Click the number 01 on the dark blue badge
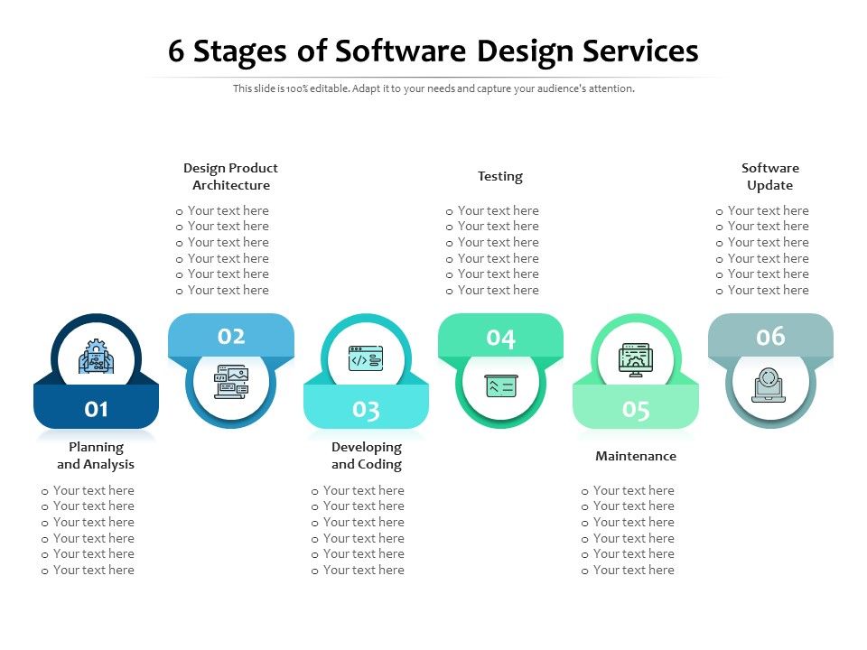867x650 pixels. tap(97, 409)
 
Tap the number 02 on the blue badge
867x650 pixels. tap(231, 337)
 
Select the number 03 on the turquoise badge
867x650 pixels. tap(366, 410)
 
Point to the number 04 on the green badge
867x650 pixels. tap(500, 338)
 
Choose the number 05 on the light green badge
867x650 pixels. tap(636, 410)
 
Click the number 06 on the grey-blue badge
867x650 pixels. tap(770, 337)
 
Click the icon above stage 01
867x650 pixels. tap(97, 357)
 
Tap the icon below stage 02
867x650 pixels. tap(231, 382)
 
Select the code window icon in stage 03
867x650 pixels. tap(366, 359)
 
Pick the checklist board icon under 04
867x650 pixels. tap(500, 385)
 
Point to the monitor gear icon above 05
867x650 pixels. tap(636, 359)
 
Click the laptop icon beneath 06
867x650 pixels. tap(769, 385)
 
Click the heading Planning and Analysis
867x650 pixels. tap(96, 456)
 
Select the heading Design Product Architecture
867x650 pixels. tap(230, 176)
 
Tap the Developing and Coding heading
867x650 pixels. tap(366, 456)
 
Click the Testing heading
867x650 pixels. tap(500, 176)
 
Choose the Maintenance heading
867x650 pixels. tap(636, 456)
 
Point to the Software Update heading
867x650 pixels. tap(770, 176)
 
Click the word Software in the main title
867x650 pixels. tap(402, 51)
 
